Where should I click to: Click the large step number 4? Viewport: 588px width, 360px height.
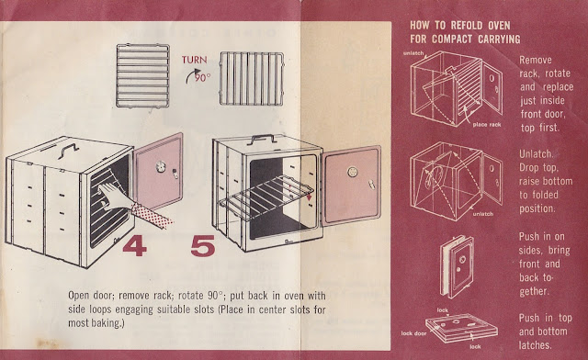click(x=134, y=246)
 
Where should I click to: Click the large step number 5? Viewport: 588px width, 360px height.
click(x=203, y=246)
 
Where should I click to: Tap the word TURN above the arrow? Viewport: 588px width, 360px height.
click(x=194, y=60)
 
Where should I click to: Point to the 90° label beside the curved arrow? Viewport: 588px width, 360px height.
click(x=202, y=77)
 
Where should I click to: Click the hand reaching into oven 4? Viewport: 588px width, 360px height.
click(x=112, y=195)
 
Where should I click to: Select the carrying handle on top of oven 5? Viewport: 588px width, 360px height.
click(x=264, y=139)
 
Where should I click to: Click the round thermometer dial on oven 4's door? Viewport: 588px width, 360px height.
click(x=160, y=166)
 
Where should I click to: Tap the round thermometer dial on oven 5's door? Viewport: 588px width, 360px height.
click(x=352, y=172)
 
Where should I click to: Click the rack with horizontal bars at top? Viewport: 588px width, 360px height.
click(x=143, y=75)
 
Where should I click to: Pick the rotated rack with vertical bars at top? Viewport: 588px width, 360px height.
click(x=251, y=79)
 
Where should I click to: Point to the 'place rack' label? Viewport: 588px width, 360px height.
click(x=487, y=125)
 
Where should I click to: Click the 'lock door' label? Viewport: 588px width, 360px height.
click(x=413, y=333)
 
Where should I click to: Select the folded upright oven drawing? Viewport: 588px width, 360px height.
click(x=457, y=266)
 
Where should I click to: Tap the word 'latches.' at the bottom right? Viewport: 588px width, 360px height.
click(x=535, y=345)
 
